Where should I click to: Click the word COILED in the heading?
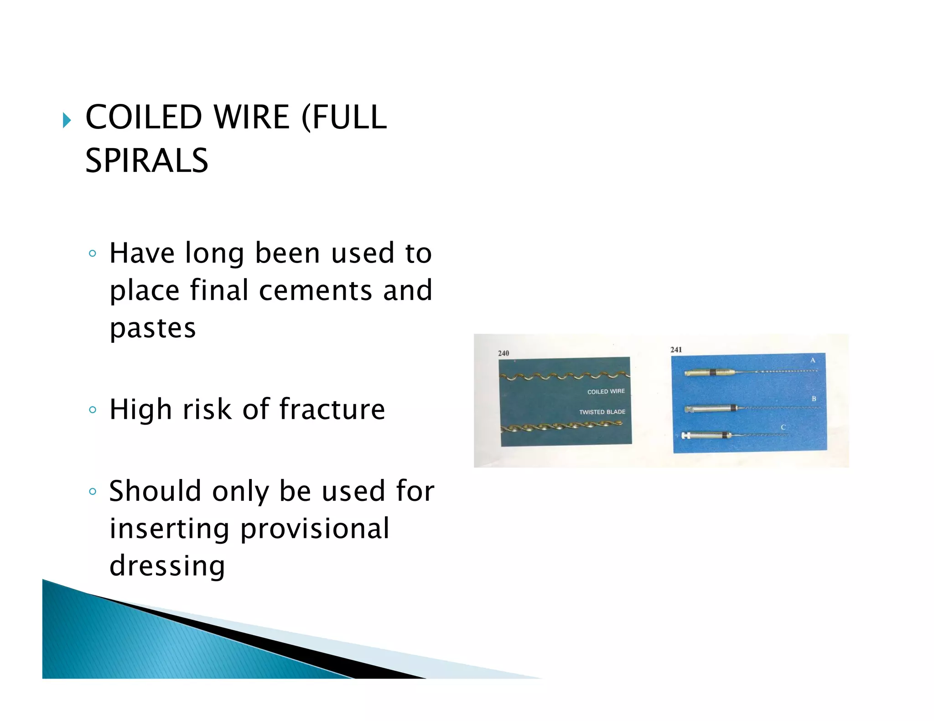pyautogui.click(x=143, y=117)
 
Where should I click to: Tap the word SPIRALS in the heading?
pyautogui.click(x=146, y=161)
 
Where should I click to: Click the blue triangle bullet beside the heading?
pyautogui.click(x=67, y=120)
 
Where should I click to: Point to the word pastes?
pyautogui.click(x=152, y=328)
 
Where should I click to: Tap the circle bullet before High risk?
pyautogui.click(x=93, y=410)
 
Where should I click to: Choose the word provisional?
pyautogui.click(x=315, y=529)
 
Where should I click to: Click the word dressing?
pyautogui.click(x=167, y=566)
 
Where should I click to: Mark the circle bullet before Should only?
pyautogui.click(x=93, y=491)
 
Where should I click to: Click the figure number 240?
pyautogui.click(x=503, y=353)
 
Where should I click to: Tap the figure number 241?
pyautogui.click(x=676, y=350)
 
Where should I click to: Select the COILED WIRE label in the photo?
pyautogui.click(x=606, y=391)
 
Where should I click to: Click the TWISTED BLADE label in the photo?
pyautogui.click(x=602, y=412)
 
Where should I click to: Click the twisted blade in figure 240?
pyautogui.click(x=561, y=427)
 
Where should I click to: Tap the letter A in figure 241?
pyautogui.click(x=812, y=360)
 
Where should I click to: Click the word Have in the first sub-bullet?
pyautogui.click(x=142, y=253)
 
